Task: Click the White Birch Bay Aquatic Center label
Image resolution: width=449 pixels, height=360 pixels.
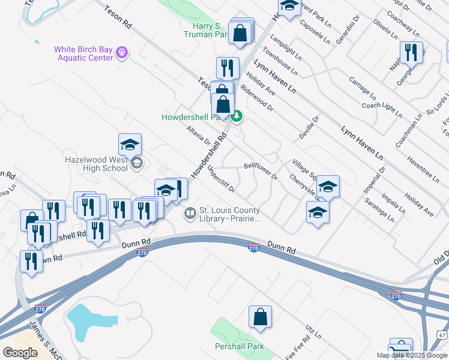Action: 83,53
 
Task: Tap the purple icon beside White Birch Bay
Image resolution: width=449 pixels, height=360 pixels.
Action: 122,53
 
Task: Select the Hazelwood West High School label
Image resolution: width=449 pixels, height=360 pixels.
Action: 97,164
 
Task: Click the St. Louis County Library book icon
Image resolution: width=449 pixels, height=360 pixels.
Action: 190,213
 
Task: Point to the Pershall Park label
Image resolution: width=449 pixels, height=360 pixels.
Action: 240,347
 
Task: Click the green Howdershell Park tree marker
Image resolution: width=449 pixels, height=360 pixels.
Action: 237,116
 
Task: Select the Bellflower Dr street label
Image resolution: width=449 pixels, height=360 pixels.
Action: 261,170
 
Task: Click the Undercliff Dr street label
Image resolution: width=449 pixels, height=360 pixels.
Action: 220,178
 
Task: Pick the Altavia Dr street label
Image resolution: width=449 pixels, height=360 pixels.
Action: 199,136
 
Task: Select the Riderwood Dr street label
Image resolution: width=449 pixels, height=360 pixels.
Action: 257,98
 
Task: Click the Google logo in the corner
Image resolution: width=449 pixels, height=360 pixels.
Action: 20,353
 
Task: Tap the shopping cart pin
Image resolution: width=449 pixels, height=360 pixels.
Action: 400,349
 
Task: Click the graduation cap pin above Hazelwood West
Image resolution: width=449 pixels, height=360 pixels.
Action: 130,145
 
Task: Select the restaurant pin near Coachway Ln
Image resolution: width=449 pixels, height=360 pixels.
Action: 411,52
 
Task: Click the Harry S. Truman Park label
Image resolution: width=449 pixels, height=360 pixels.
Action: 203,31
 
